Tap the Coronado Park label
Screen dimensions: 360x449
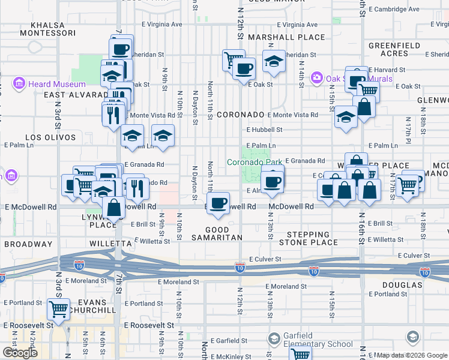(254, 162)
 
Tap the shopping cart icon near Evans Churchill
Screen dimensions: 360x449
(59, 310)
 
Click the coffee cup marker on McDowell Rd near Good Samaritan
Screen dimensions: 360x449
(219, 202)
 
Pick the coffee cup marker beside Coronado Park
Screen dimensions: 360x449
(273, 181)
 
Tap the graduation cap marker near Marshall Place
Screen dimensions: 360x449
(274, 61)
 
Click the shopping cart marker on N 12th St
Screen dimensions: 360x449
(233, 59)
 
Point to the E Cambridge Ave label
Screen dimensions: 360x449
(394, 10)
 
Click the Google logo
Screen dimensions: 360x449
(20, 353)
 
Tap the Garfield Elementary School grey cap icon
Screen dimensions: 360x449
(274, 340)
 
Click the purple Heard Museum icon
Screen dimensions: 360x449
(19, 83)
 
